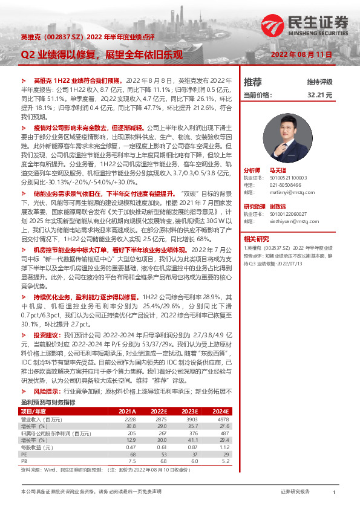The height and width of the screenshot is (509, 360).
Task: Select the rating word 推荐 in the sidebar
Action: click(252, 82)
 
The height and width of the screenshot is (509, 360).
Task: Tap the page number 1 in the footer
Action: click(334, 492)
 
